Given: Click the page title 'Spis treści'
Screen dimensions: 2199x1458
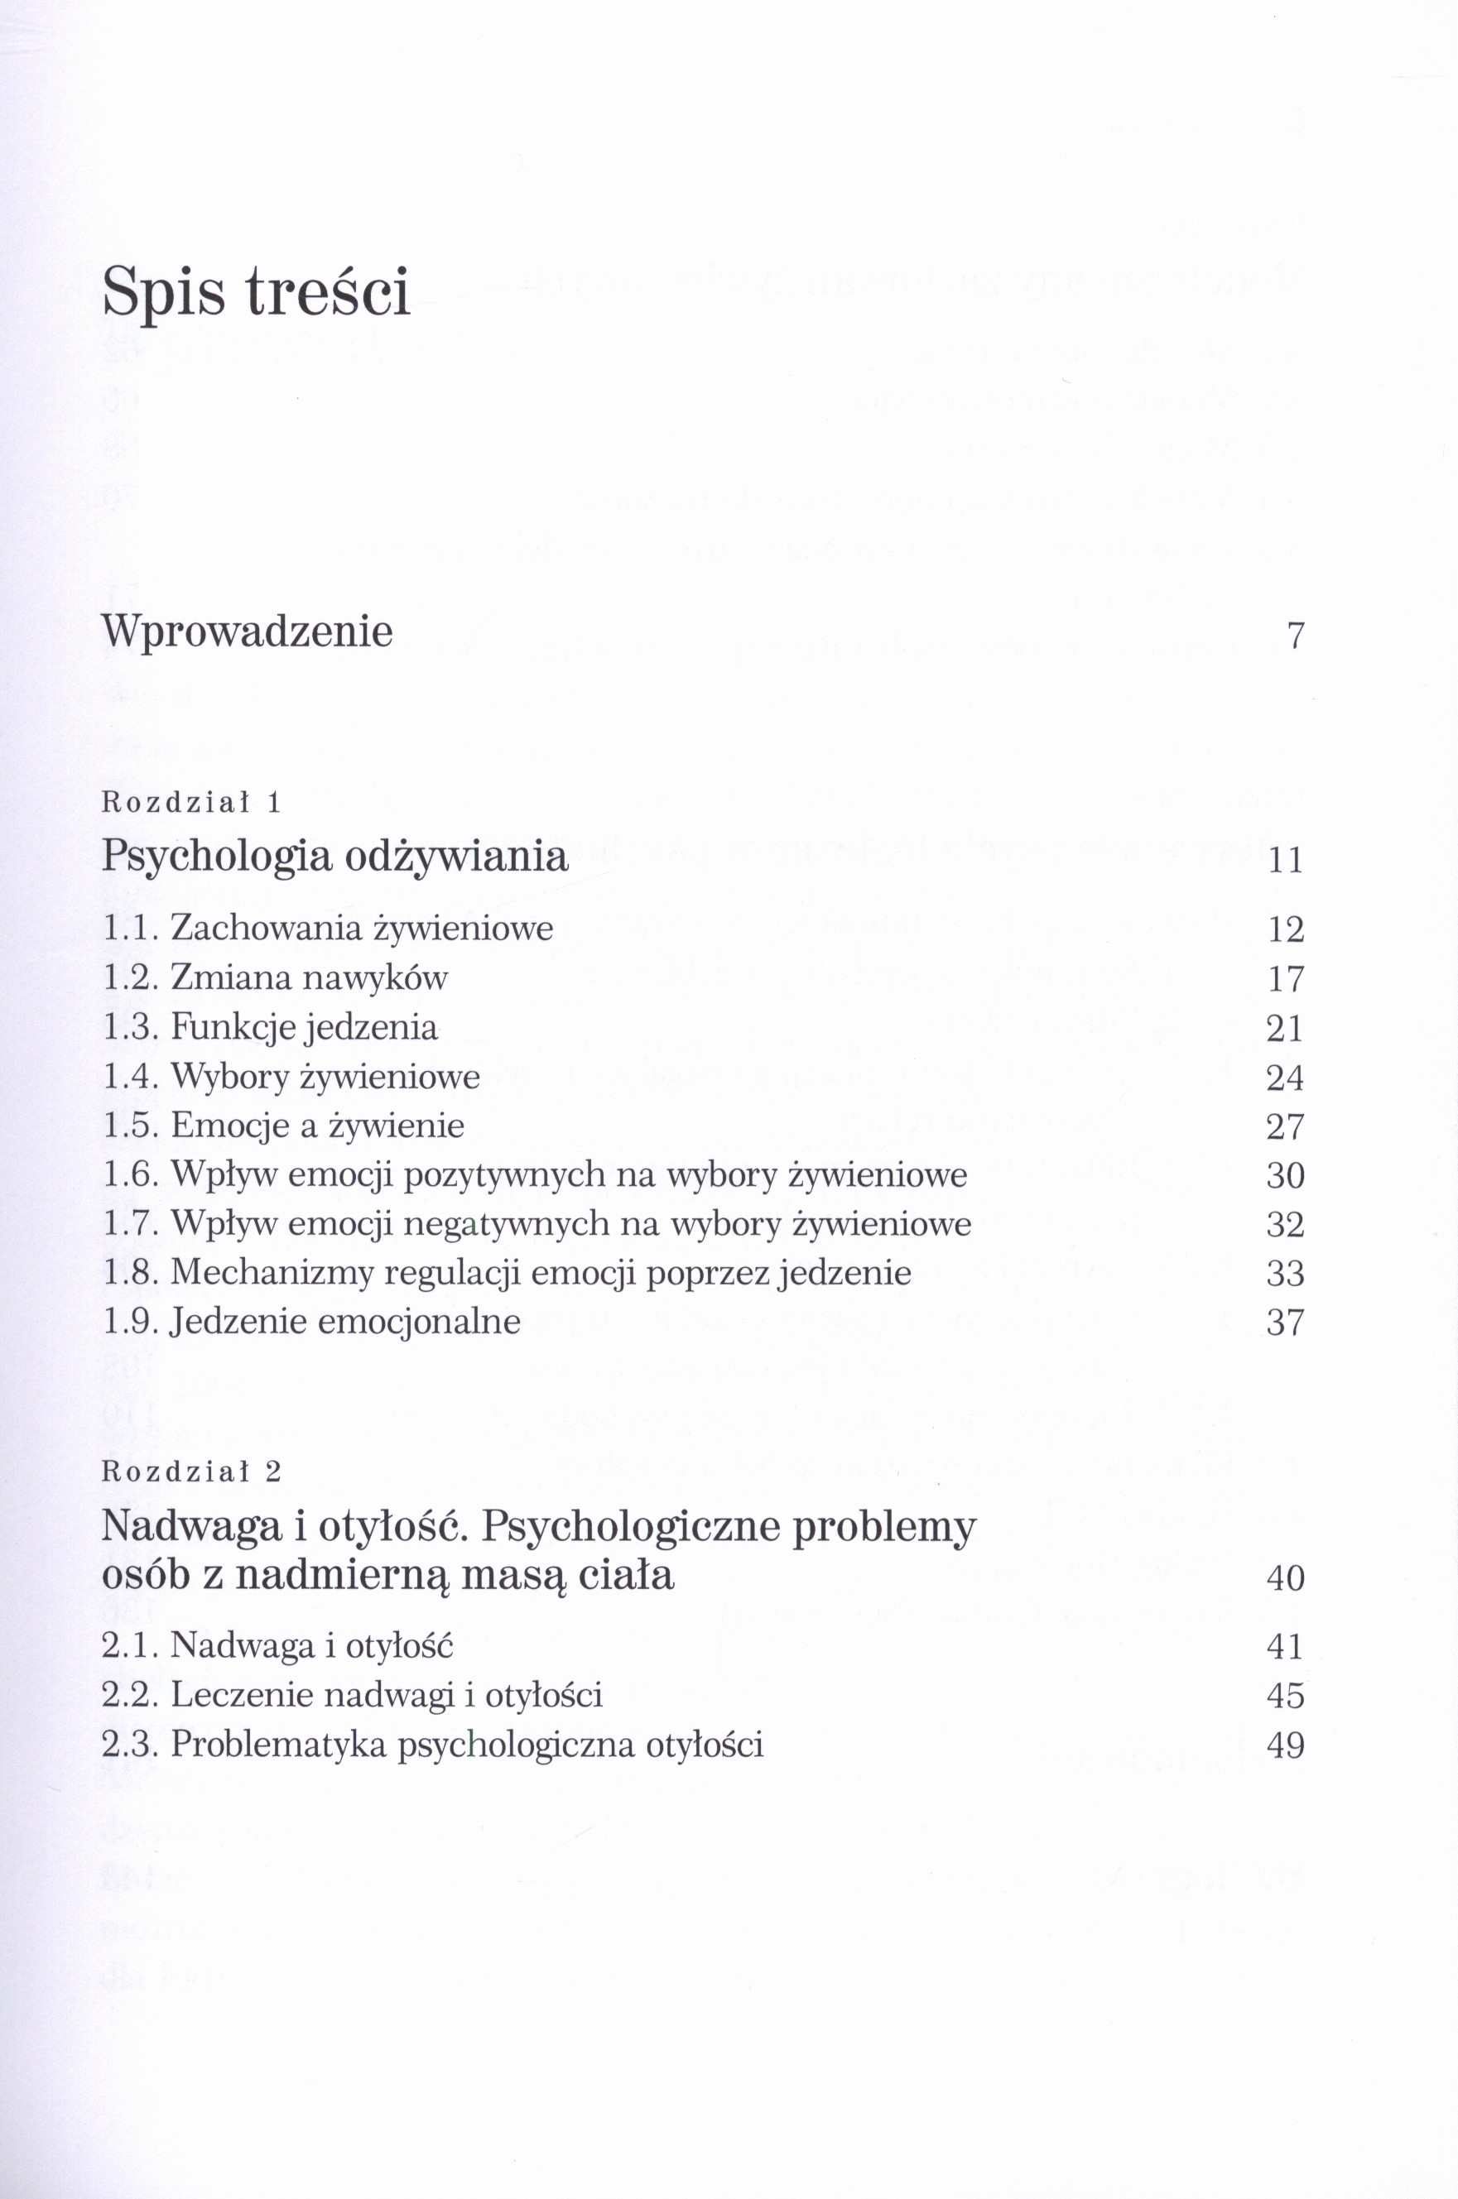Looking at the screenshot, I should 256,293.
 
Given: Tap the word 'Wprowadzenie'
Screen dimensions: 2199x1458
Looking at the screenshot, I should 247,632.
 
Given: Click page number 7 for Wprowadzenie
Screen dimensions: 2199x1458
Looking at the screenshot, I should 1295,636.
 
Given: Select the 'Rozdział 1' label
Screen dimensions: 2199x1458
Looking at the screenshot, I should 190,802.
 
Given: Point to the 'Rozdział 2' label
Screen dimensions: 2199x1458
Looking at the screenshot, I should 190,1472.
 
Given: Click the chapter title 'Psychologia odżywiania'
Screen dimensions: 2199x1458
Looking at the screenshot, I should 334,856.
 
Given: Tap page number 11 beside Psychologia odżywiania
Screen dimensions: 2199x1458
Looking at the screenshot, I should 1286,861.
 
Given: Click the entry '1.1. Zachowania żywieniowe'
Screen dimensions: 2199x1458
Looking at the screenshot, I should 327,929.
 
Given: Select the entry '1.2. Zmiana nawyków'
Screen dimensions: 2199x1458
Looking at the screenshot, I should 275,977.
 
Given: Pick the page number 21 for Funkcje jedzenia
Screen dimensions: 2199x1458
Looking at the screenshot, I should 1286,1029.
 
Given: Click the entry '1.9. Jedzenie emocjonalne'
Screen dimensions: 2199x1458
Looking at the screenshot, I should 311,1322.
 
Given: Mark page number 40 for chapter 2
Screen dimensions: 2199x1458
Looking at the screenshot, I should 1286,1578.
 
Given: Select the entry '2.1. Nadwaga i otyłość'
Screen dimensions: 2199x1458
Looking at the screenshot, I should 277,1646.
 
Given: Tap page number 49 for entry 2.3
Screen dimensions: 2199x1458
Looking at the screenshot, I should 1286,1745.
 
